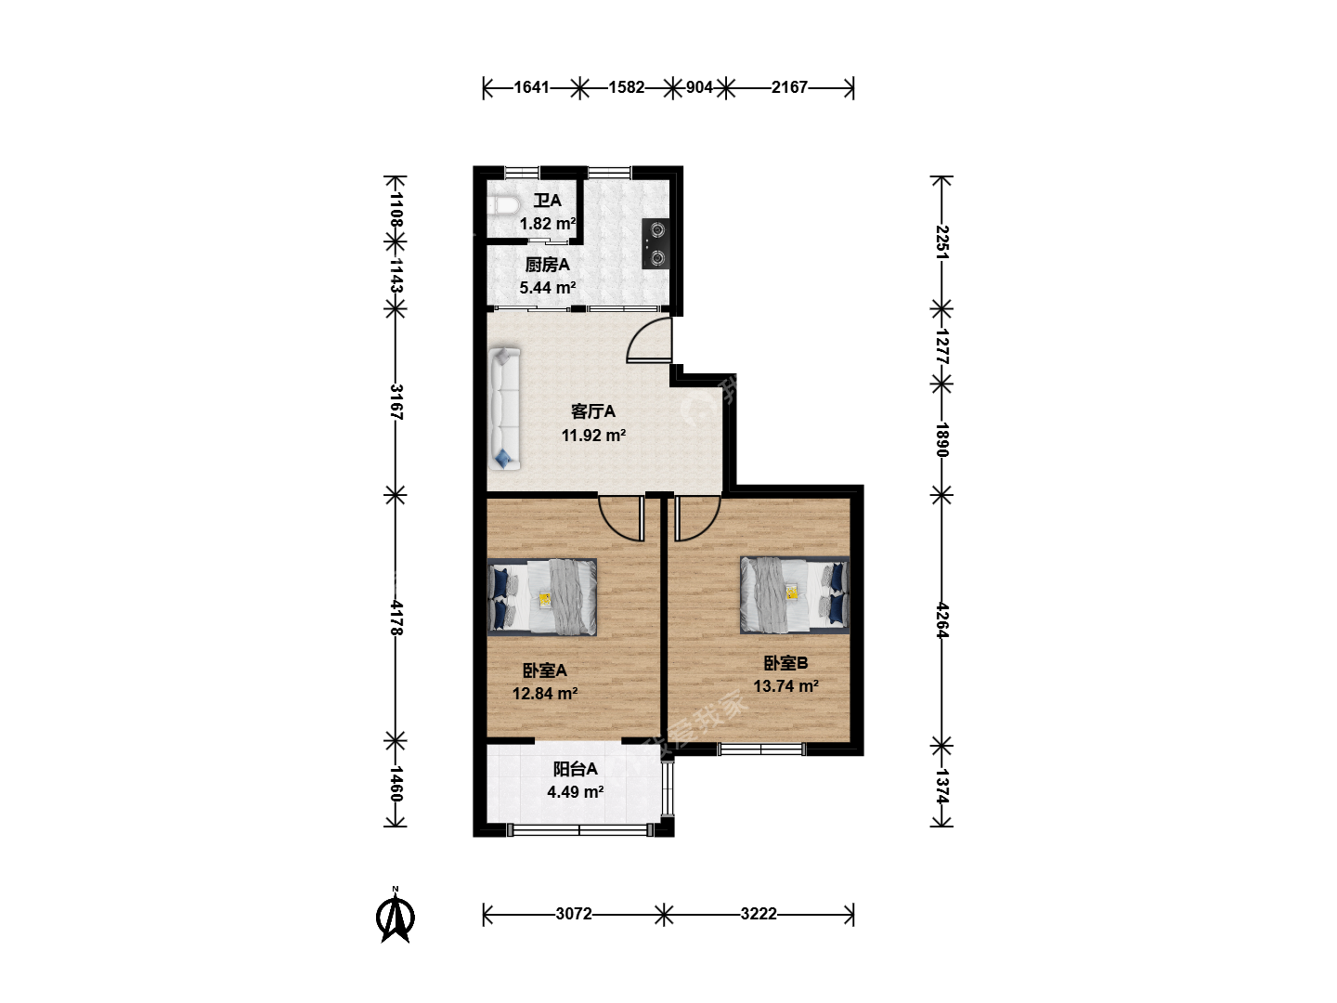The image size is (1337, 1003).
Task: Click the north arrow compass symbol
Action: (x=396, y=915)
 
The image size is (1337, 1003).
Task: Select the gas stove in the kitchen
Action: (x=656, y=243)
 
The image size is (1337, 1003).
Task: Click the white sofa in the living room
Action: (x=504, y=408)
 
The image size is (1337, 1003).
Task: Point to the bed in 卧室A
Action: (x=542, y=597)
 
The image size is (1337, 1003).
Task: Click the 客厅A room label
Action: (x=592, y=411)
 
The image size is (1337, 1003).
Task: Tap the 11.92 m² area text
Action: (x=594, y=435)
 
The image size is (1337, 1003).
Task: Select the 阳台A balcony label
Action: (x=575, y=769)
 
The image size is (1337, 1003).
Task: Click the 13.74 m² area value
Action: (x=785, y=685)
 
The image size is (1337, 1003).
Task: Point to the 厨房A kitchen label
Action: (x=547, y=265)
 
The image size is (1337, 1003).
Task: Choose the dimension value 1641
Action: (x=532, y=87)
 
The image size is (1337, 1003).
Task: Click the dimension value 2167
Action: (x=789, y=87)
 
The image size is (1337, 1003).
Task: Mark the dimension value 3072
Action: (x=574, y=914)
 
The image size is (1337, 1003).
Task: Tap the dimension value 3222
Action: (x=759, y=914)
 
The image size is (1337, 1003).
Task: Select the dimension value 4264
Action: (x=942, y=620)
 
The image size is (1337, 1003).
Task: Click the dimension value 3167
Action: (x=396, y=402)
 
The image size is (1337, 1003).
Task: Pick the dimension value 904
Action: (x=699, y=87)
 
